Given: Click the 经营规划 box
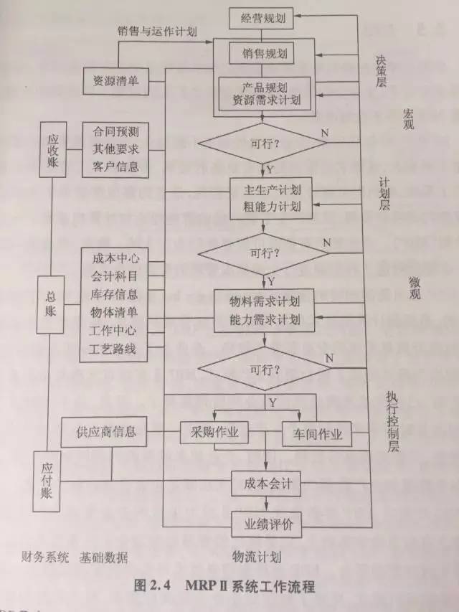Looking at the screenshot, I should coord(262,19).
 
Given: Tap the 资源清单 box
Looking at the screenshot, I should coord(115,80).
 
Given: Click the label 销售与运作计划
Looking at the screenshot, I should coord(157,31).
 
